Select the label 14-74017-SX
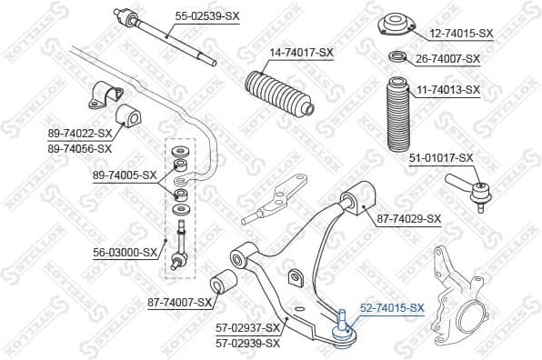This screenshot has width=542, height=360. (300, 53)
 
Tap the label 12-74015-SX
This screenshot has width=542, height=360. (460, 34)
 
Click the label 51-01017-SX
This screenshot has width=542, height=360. (441, 157)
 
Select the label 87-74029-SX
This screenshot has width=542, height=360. (408, 218)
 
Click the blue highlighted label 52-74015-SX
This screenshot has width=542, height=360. (392, 308)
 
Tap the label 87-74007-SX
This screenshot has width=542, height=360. (179, 302)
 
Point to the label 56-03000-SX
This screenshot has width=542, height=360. (125, 253)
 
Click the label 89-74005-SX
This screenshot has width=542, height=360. (125, 175)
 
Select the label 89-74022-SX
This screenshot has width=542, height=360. (80, 134)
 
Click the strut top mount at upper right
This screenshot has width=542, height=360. (397, 22)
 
